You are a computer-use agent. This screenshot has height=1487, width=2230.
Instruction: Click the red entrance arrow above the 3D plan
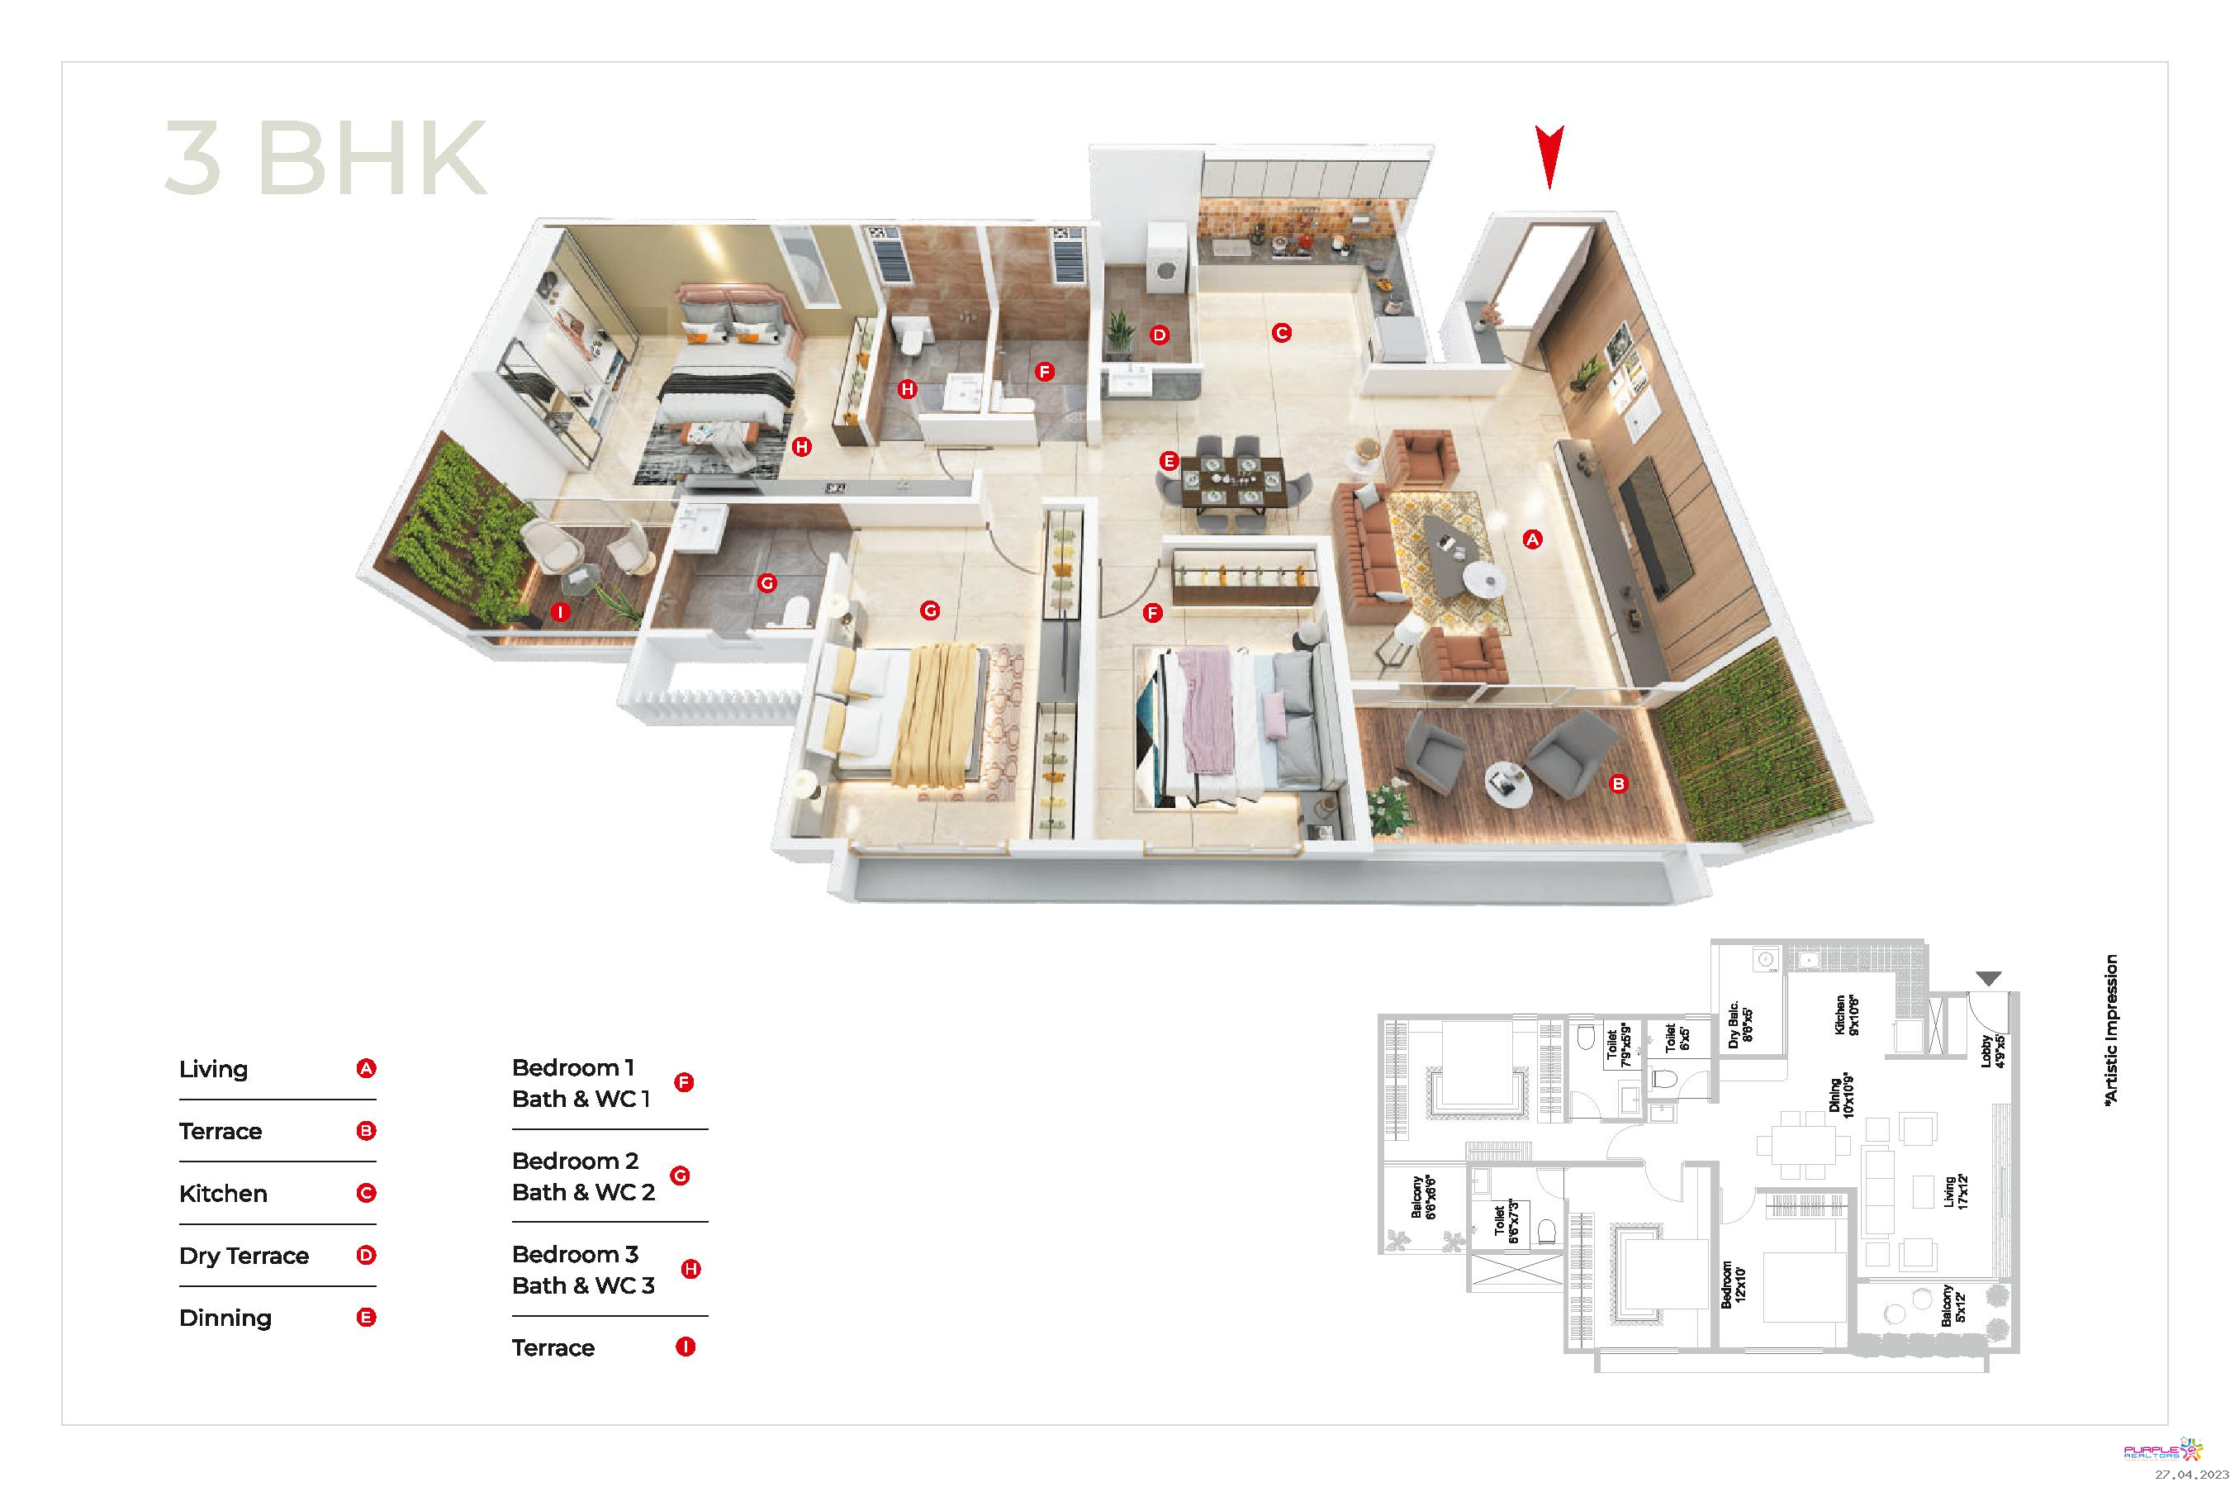1549,156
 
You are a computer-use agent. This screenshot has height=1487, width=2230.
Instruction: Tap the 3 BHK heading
325,159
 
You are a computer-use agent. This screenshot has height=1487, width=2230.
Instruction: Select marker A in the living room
1532,539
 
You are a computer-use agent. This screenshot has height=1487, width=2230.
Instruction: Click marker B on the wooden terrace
1619,784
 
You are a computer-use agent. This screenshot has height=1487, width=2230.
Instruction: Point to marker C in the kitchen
1281,333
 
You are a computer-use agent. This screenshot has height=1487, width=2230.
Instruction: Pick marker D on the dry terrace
1159,335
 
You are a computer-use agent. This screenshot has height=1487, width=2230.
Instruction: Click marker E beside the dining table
1169,462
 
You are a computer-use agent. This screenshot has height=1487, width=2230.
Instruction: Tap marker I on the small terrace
560,613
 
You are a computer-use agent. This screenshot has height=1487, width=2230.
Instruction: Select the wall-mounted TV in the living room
1654,525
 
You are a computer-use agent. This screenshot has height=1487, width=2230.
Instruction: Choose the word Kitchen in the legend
223,1194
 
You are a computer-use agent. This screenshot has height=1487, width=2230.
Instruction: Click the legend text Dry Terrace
244,1257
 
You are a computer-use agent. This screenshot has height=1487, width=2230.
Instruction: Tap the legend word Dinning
225,1318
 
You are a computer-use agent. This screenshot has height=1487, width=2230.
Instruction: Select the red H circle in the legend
691,1269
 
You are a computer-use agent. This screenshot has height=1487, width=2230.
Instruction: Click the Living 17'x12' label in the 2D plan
1956,1192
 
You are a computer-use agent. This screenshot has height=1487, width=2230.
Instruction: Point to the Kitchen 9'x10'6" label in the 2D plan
1846,1014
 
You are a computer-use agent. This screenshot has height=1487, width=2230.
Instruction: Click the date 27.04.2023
2191,1475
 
